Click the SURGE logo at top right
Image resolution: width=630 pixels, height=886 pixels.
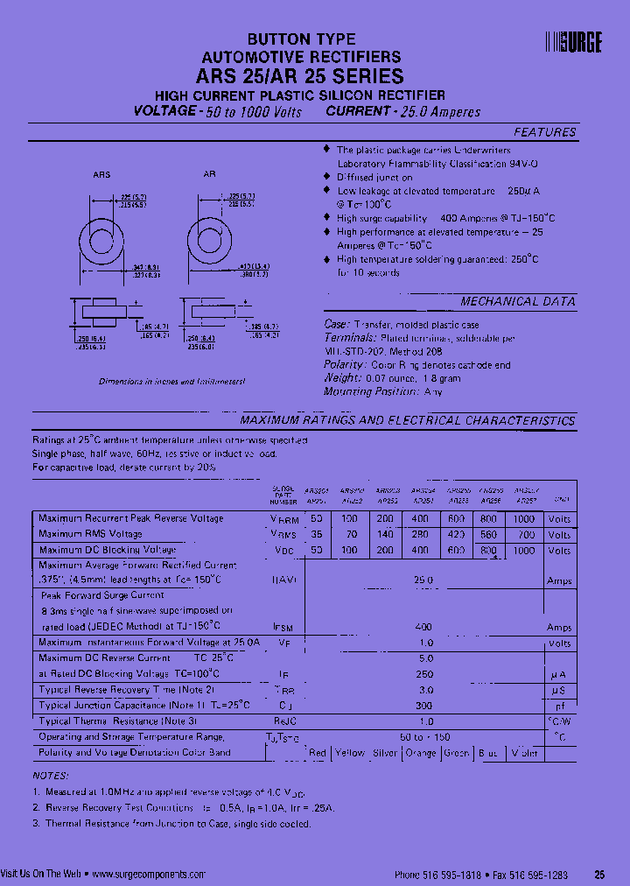(x=574, y=43)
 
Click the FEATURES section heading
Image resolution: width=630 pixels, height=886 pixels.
(x=544, y=133)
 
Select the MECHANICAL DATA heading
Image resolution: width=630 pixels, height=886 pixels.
(x=518, y=302)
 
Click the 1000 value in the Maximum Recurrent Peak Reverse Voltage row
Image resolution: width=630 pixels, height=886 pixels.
(x=524, y=519)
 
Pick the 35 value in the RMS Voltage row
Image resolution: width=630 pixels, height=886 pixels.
(x=316, y=534)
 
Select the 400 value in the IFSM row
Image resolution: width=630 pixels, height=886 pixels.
(x=423, y=628)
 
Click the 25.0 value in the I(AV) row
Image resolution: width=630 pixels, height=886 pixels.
(x=423, y=580)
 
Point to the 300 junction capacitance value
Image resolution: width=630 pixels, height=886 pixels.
(x=423, y=705)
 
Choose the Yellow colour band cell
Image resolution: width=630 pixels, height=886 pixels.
(x=350, y=753)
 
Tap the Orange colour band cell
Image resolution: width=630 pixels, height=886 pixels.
(x=420, y=753)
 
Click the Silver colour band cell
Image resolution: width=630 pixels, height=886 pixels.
(x=385, y=753)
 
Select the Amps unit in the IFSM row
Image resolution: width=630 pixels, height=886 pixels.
(x=559, y=628)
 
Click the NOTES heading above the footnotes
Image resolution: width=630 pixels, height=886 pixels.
(x=50, y=777)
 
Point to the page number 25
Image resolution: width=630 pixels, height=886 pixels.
(x=599, y=874)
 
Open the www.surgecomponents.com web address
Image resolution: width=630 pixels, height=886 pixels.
(x=148, y=874)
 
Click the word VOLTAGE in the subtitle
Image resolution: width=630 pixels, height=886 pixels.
(x=164, y=112)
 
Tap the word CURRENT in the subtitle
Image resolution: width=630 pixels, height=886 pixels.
(x=357, y=112)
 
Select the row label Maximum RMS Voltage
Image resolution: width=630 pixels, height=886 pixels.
(x=90, y=534)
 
